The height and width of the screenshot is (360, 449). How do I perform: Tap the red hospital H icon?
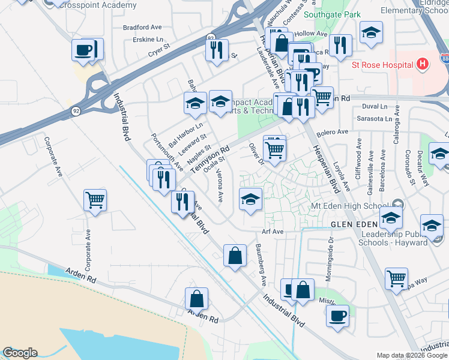pyautogui.click(x=423, y=64)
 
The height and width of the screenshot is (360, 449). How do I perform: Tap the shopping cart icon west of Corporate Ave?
pyautogui.click(x=95, y=200)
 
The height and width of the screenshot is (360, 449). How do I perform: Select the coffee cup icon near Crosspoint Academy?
pyautogui.click(x=84, y=49)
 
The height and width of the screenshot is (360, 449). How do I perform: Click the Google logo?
pyautogui.click(x=20, y=353)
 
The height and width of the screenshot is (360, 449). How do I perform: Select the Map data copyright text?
pyautogui.click(x=412, y=355)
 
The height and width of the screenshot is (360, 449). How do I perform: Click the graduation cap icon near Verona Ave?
pyautogui.click(x=250, y=199)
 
